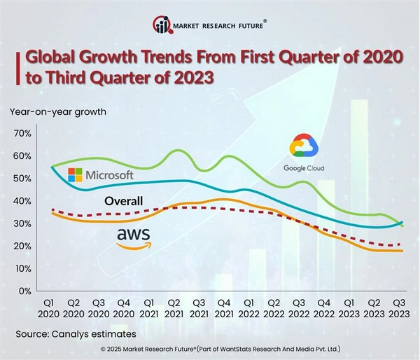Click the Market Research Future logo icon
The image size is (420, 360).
coord(162,27)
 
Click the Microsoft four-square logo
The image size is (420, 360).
coord(75,175)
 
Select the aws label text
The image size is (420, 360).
coord(133,235)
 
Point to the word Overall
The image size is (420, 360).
coord(123,202)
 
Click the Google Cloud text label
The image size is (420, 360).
coord(304,168)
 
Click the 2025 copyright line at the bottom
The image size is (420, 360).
coord(210,349)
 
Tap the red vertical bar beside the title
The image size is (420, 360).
coord(17,67)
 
